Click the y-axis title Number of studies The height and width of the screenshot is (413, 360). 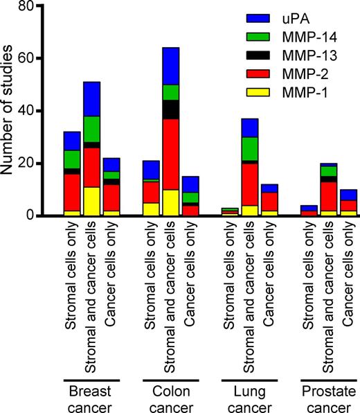point(10,111)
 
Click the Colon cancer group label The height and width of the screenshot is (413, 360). point(170,393)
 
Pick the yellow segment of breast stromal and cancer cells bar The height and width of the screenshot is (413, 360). point(92,202)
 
